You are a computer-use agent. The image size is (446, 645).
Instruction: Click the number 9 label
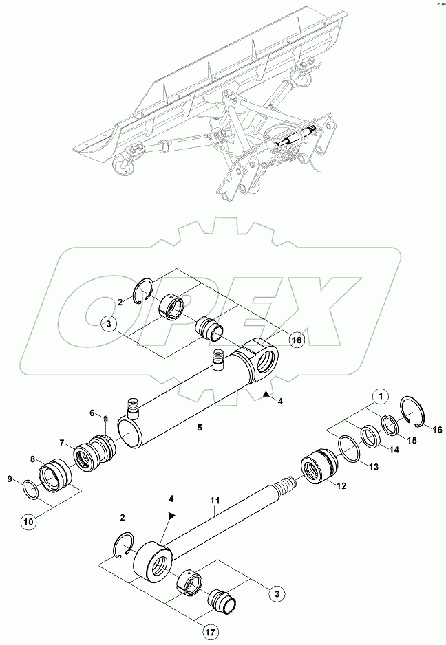tap(9, 479)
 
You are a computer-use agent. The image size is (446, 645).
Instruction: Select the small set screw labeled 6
tap(107, 419)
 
